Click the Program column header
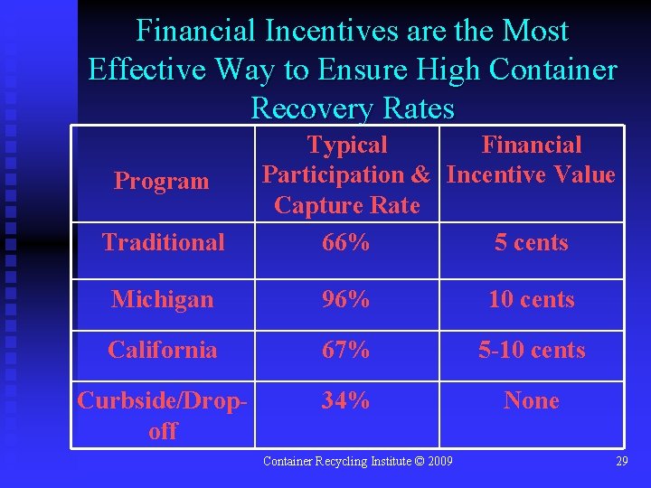click(x=161, y=181)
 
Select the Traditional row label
click(x=163, y=242)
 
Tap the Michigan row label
click(x=163, y=299)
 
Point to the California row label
click(x=163, y=350)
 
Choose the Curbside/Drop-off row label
click(x=163, y=415)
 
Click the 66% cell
click(x=346, y=242)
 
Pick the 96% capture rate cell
click(x=346, y=299)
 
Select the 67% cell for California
click(x=346, y=350)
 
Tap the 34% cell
click(x=346, y=400)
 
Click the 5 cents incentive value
click(x=532, y=242)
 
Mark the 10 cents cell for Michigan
click(x=532, y=299)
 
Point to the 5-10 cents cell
click(x=532, y=350)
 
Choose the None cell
click(x=532, y=400)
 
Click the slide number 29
click(x=621, y=462)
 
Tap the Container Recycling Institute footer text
click(x=358, y=462)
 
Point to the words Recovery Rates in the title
click(x=352, y=108)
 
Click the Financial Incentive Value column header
click(x=532, y=160)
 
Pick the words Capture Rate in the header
click(x=347, y=205)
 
